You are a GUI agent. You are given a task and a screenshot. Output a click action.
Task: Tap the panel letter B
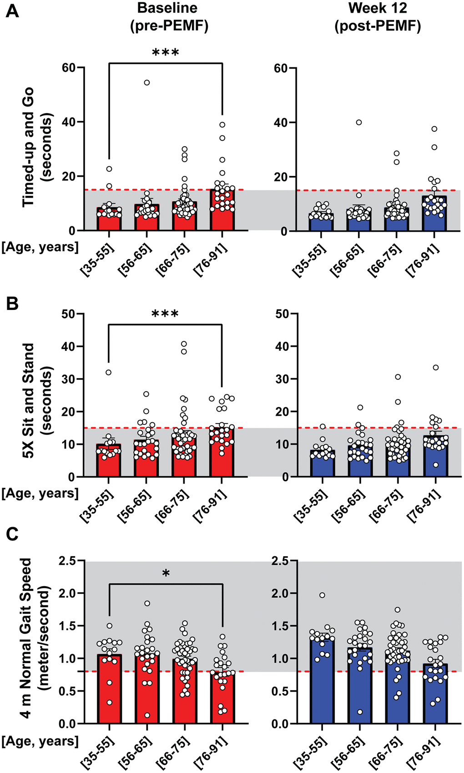pyautogui.click(x=12, y=304)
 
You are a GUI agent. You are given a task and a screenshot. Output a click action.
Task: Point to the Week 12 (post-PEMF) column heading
pyautogui.click(x=378, y=17)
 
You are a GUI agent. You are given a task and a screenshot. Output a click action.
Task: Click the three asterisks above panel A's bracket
pyautogui.click(x=166, y=53)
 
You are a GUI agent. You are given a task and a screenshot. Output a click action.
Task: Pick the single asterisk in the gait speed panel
pyautogui.click(x=166, y=574)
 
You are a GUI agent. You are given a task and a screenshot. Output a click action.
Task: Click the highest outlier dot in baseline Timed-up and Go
pyautogui.click(x=147, y=82)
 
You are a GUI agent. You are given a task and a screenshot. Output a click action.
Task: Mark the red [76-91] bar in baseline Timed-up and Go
pyautogui.click(x=222, y=211)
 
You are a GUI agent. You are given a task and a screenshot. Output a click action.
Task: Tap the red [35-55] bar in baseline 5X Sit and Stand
pyautogui.click(x=109, y=461)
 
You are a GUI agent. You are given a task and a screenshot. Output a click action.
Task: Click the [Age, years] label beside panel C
pyautogui.click(x=40, y=741)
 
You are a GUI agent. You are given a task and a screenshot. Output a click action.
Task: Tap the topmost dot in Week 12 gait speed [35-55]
pyautogui.click(x=323, y=595)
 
